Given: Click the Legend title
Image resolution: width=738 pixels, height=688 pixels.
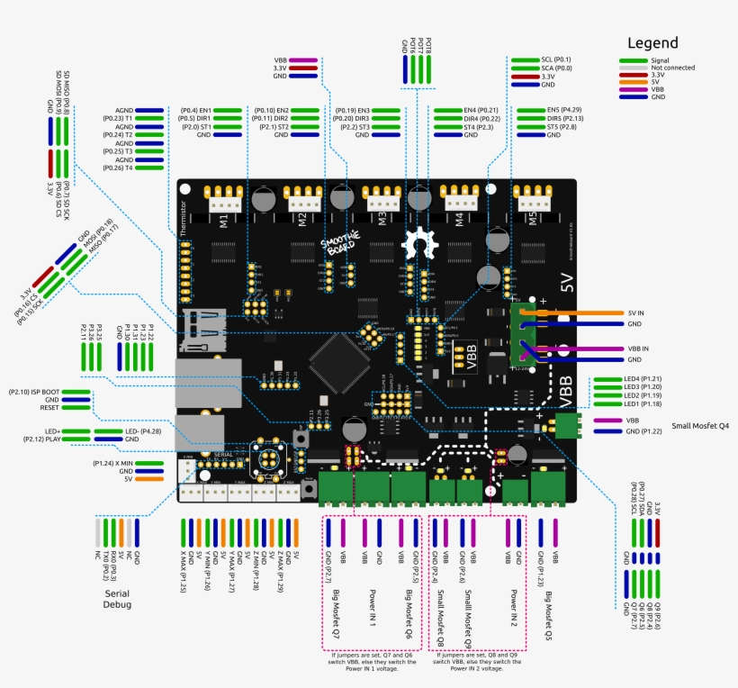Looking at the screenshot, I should coord(652,42).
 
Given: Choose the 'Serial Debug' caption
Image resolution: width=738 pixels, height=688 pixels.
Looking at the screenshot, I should coord(117,599).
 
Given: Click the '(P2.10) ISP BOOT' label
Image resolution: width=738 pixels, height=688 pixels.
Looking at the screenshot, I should coord(33,392).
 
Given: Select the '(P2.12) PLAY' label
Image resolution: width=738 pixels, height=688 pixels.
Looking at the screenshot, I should coord(40,439).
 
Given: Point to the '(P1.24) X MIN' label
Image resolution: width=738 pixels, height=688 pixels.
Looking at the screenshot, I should coord(112,463).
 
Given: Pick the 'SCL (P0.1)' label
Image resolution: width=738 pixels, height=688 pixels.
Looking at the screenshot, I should coord(556,59).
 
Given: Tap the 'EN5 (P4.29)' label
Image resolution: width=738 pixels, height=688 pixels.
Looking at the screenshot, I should coord(564,110).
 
